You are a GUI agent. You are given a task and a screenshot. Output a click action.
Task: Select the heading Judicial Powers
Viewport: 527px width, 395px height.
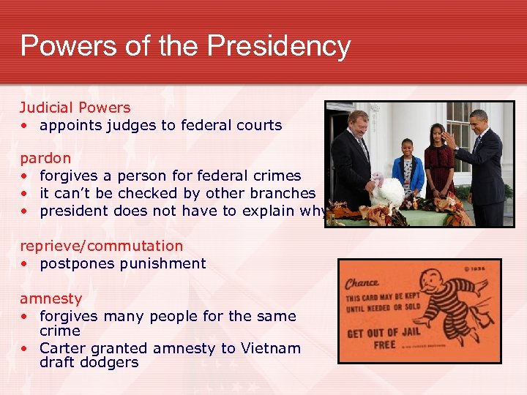pyautogui.click(x=75, y=108)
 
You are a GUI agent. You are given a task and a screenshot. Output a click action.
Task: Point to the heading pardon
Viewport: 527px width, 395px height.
pyautogui.click(x=45, y=158)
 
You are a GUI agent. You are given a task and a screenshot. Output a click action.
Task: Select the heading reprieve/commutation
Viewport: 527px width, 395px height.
pyautogui.click(x=101, y=246)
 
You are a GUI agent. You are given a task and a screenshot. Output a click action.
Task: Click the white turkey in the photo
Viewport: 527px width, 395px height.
pyautogui.click(x=386, y=192)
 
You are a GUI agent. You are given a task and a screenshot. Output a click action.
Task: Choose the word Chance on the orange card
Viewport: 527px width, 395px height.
pyautogui.click(x=362, y=282)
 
